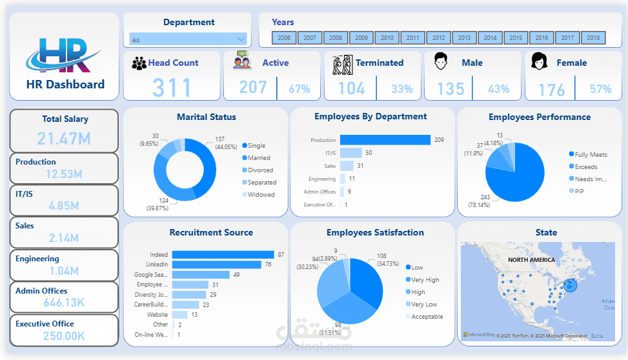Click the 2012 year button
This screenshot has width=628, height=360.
(439, 38)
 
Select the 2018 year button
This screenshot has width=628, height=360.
(593, 38)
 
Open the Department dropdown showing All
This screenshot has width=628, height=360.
(188, 39)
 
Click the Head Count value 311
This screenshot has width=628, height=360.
(172, 88)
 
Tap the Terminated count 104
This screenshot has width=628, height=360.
(352, 88)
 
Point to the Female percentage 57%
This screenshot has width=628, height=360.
(600, 89)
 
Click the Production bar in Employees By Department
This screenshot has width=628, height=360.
(385, 140)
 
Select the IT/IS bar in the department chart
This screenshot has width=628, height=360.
(350, 153)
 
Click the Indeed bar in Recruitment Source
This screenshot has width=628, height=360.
(223, 255)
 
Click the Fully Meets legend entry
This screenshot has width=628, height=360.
(590, 154)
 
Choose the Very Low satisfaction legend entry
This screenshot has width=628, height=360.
(425, 304)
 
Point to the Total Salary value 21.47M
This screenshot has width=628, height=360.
(63, 138)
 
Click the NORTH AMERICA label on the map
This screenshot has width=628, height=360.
(532, 259)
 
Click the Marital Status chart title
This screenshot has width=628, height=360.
(206, 117)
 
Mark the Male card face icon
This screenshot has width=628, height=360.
(441, 63)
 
